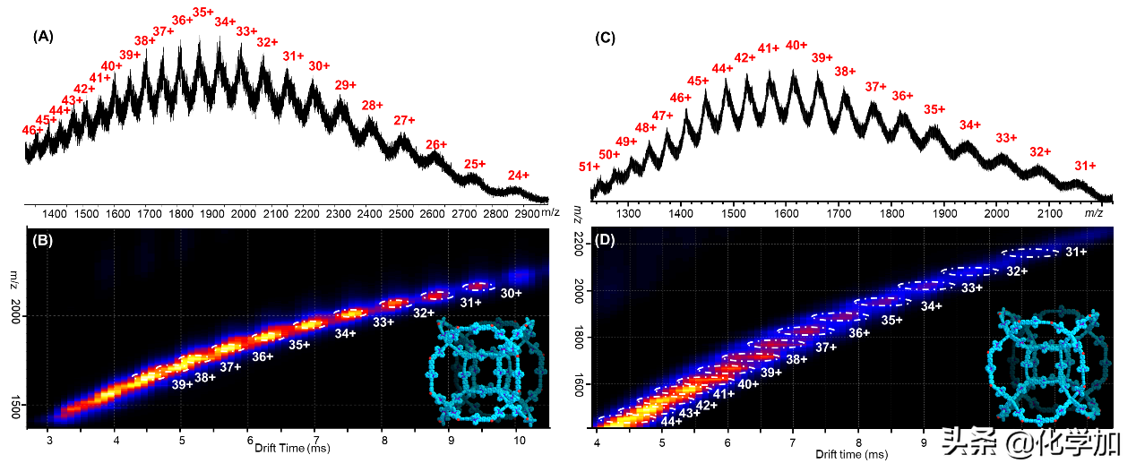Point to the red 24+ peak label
pos(519,176)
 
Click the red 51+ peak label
pos(590,167)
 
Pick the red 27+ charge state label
pos(405,120)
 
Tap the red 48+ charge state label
pos(646,127)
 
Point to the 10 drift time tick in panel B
pos(519,440)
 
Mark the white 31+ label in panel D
pos(1076,252)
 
